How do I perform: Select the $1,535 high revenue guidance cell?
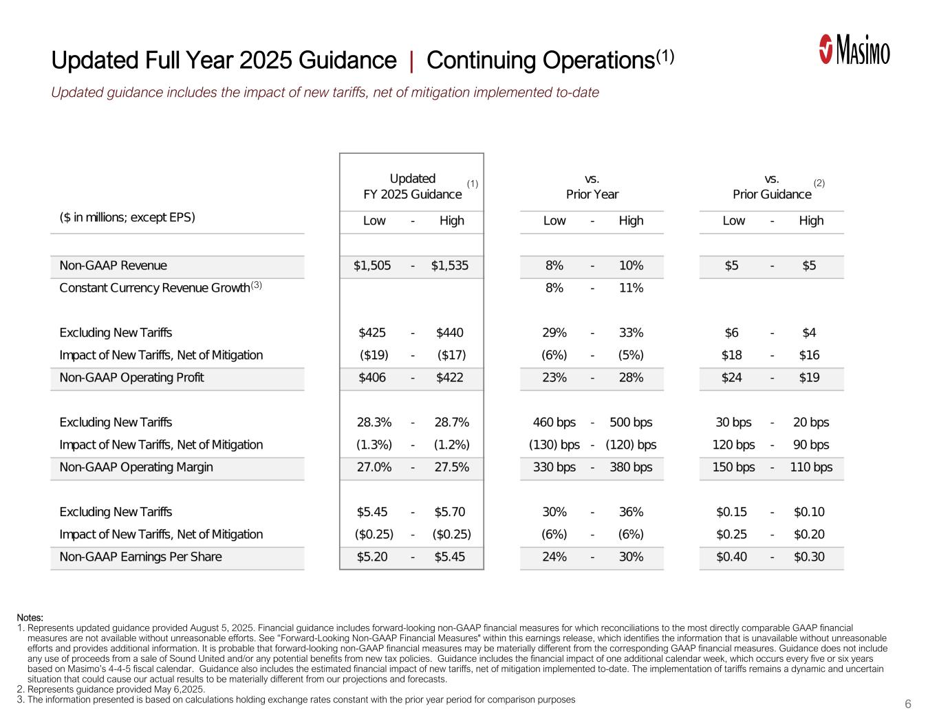coord(450,266)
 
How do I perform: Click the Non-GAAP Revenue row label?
coord(114,266)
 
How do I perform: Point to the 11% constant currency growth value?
coord(631,288)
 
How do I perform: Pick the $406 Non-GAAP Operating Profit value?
coord(372,378)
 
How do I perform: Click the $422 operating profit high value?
coord(450,378)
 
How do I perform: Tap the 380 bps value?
coord(631,467)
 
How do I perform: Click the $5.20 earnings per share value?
coord(372,557)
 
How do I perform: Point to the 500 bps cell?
coord(631,423)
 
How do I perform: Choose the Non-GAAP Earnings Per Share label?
coord(141,557)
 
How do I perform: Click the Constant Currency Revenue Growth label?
coord(155,288)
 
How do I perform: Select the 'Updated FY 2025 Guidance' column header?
coord(412,187)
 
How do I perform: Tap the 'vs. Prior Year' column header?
coord(592,187)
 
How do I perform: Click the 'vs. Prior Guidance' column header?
coord(772,187)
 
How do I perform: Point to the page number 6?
coord(908,704)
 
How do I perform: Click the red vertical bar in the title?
coord(411,61)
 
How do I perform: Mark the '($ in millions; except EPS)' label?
coord(127,218)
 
